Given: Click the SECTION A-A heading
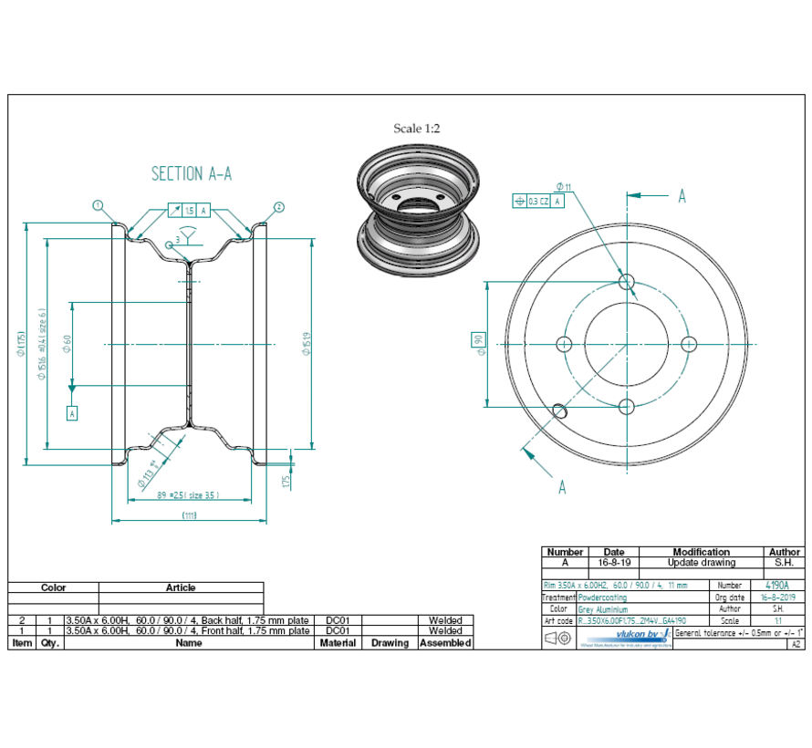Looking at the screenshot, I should pyautogui.click(x=191, y=173).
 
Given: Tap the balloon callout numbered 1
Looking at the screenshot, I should pyautogui.click(x=97, y=206).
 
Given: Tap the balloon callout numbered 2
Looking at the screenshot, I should pyautogui.click(x=279, y=206).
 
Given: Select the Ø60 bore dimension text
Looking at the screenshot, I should pyautogui.click(x=67, y=343).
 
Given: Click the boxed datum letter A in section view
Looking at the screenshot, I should pyautogui.click(x=73, y=412).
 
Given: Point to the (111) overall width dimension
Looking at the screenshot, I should pyautogui.click(x=190, y=515).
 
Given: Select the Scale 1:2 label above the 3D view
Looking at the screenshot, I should pyautogui.click(x=417, y=129).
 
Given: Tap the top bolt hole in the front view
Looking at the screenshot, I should pyautogui.click(x=627, y=282).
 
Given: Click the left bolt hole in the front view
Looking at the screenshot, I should pyautogui.click(x=564, y=344).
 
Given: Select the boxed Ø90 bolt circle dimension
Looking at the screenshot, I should pyautogui.click(x=478, y=343).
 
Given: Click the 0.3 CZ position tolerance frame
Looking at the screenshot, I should pyautogui.click(x=539, y=201).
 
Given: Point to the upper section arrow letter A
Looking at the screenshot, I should pyautogui.click(x=681, y=195).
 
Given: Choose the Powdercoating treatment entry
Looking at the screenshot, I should pyautogui.click(x=603, y=597).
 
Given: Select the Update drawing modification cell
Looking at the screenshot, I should pyautogui.click(x=701, y=563).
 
